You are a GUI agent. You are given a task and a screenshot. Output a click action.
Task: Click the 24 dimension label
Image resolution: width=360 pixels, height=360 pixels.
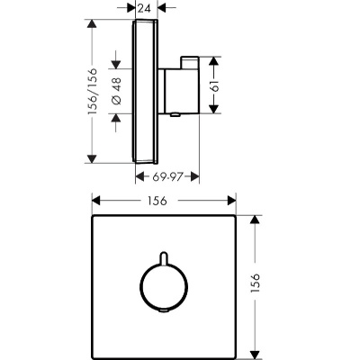144,9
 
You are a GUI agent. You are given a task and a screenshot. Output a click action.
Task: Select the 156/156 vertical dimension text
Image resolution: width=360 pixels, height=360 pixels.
92,91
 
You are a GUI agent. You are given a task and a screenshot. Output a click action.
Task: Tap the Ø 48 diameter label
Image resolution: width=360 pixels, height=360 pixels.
117,91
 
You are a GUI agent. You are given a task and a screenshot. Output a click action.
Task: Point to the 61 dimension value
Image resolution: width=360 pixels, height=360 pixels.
215,85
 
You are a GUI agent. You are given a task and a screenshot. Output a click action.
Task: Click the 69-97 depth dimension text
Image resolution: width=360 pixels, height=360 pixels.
167,177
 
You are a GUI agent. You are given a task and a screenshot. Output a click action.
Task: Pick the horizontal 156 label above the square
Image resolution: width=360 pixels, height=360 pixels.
157,201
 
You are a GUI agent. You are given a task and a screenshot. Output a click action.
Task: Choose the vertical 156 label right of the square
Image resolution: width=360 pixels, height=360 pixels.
255,283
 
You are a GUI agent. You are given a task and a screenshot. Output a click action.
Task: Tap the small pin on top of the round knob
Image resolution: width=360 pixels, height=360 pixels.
164,258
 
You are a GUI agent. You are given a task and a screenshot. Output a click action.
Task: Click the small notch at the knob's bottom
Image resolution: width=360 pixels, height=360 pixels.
164,310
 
